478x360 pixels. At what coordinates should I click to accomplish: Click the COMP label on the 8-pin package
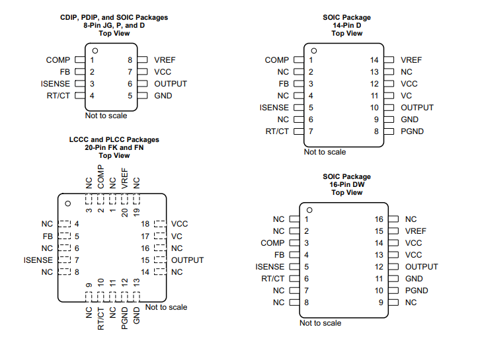58,60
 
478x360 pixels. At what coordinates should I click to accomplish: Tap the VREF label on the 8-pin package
165,60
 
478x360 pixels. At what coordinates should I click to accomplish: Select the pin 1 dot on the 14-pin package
313,50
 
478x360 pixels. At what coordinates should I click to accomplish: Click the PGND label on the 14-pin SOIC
412,131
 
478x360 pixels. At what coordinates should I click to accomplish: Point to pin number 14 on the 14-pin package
374,60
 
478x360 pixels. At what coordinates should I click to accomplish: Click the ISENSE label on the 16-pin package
270,267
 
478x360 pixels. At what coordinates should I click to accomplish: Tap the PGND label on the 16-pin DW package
417,291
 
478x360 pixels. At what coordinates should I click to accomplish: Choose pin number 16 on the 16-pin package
379,219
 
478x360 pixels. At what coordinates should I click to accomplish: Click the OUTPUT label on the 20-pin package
187,260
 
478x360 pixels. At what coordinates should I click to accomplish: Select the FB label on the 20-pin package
48,236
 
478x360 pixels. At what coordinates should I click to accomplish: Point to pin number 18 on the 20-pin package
145,224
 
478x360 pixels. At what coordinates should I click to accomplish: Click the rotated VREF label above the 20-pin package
124,182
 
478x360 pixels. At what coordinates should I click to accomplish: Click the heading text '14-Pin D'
347,25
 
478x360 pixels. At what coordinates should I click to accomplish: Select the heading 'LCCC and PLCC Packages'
114,140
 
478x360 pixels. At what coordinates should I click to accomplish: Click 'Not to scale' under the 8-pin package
106,116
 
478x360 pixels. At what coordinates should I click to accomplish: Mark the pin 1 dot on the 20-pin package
67,203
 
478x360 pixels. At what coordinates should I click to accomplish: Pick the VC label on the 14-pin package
407,96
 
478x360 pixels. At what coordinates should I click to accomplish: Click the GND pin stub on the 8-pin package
143,96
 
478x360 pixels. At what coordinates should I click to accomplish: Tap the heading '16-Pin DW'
347,184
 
